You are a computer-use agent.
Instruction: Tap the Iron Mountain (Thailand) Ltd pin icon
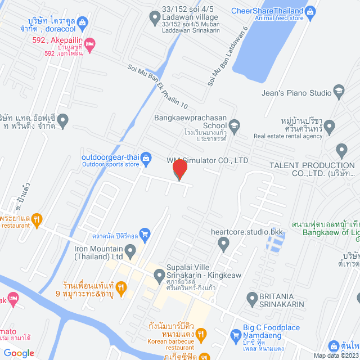click(x=130, y=249)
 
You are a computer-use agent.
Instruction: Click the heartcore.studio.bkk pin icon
click(x=224, y=244)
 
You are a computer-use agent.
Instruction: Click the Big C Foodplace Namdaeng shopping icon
click(x=236, y=336)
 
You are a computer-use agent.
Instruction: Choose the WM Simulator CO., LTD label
click(x=208, y=160)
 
